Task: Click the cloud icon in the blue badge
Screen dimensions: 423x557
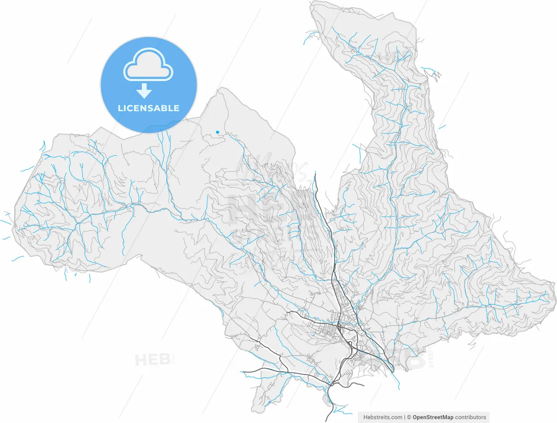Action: (148, 65)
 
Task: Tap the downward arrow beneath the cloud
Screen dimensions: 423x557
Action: (144, 91)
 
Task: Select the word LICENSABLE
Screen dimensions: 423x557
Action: (148, 108)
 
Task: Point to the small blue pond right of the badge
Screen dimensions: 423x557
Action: (218, 132)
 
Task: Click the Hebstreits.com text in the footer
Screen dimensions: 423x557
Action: (383, 417)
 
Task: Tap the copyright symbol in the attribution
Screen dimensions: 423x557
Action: (409, 417)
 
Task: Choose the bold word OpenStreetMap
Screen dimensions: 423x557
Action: (433, 417)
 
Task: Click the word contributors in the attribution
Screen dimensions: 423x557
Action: (470, 417)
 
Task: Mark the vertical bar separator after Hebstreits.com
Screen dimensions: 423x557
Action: (405, 417)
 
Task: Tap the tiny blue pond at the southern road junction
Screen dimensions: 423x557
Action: (330, 383)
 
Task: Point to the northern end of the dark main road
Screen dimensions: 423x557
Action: (315, 173)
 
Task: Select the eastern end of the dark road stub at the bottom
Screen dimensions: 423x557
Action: (364, 386)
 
